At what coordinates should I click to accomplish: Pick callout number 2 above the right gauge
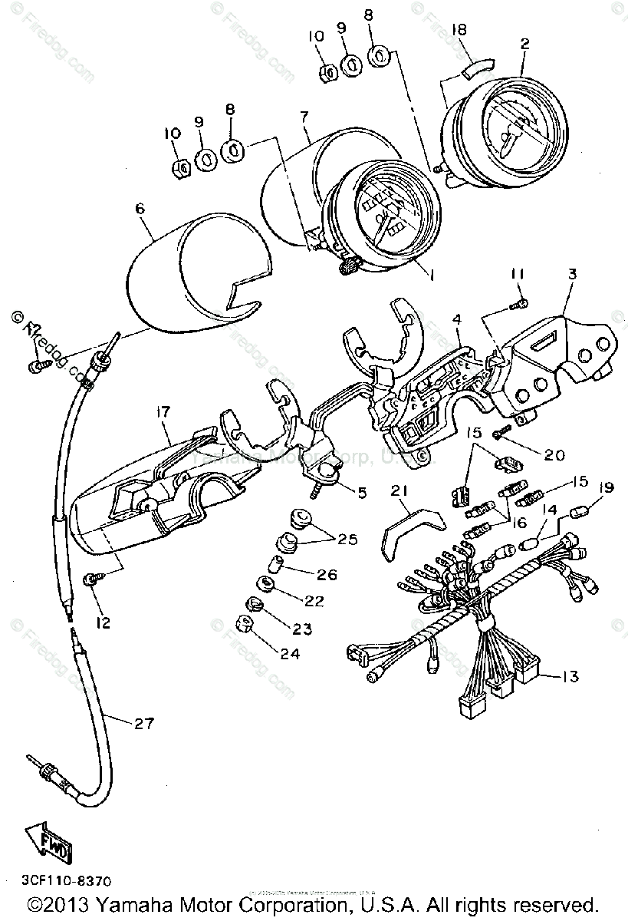(524, 44)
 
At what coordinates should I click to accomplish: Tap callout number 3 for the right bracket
(572, 273)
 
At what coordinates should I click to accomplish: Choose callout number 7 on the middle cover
(304, 117)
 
